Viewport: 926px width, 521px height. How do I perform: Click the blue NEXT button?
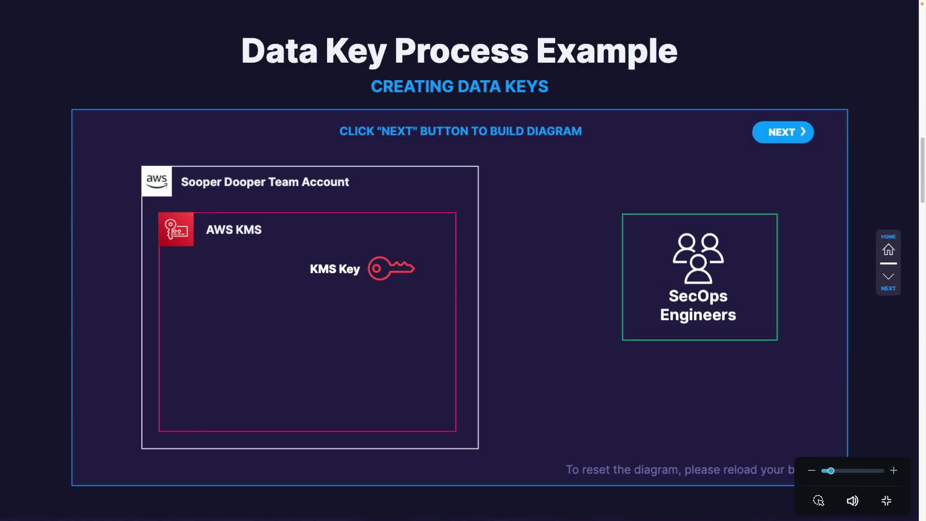click(783, 132)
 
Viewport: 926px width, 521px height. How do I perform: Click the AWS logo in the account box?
click(157, 181)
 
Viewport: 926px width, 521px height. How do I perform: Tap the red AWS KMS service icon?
click(176, 229)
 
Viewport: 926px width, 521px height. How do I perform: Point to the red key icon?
click(391, 268)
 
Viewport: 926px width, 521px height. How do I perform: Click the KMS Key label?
click(335, 269)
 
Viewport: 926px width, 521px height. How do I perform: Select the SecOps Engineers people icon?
click(698, 258)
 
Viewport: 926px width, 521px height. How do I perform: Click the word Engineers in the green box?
click(698, 315)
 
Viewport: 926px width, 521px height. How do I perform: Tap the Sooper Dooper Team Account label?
click(265, 182)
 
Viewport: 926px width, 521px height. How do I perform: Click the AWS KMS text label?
click(234, 230)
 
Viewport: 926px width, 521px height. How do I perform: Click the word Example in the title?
click(607, 51)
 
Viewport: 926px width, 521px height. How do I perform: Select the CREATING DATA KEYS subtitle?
click(460, 87)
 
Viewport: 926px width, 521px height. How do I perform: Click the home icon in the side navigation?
click(888, 249)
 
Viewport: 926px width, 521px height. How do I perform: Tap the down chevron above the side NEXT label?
click(888, 276)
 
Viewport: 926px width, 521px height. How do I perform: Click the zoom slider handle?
click(831, 471)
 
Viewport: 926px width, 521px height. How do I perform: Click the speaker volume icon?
click(852, 501)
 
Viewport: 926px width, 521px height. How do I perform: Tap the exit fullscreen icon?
click(886, 501)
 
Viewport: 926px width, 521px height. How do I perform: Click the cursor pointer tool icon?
click(818, 501)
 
